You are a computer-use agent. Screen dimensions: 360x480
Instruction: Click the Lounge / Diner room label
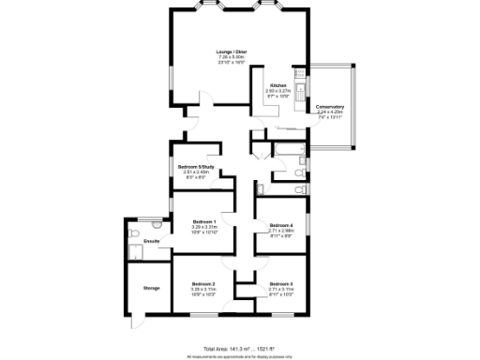[x=231, y=51]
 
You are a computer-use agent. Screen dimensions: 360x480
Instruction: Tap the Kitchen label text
[x=278, y=85]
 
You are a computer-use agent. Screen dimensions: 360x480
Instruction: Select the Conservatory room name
[x=329, y=106]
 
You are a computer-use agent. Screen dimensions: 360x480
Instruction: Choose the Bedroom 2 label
[x=204, y=283]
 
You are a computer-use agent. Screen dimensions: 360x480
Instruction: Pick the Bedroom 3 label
[x=281, y=283]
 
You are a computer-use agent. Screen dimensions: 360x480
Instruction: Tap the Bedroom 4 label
[x=281, y=226]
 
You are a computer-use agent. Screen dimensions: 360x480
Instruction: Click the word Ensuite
[x=151, y=242]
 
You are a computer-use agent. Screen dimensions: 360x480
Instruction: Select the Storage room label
[x=151, y=288]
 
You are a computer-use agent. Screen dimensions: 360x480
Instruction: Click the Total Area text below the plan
[x=240, y=348]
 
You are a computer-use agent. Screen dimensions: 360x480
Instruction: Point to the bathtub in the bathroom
[x=286, y=148]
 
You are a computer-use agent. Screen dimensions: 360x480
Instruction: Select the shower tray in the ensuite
[x=139, y=248]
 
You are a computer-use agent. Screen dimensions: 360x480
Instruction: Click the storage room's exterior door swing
[x=137, y=319]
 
